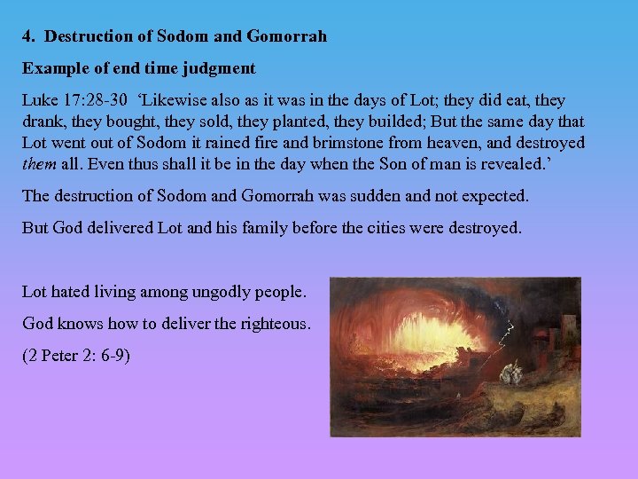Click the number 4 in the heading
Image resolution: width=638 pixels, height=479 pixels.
[x=27, y=36]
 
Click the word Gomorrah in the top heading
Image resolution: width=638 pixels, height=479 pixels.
[x=290, y=36]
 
